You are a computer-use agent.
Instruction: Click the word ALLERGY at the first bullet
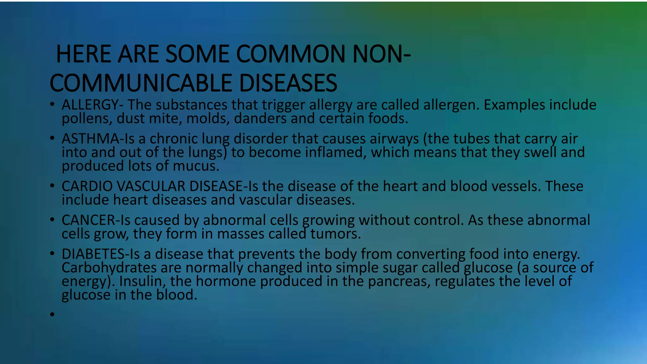click(90, 105)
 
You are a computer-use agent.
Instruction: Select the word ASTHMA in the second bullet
click(90, 139)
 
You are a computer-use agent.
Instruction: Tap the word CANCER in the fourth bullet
click(88, 220)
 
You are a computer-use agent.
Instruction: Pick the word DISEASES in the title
click(288, 83)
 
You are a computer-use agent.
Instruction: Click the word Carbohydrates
click(109, 268)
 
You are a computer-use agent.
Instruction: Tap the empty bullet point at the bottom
click(52, 314)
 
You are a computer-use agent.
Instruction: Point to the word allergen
click(451, 105)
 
